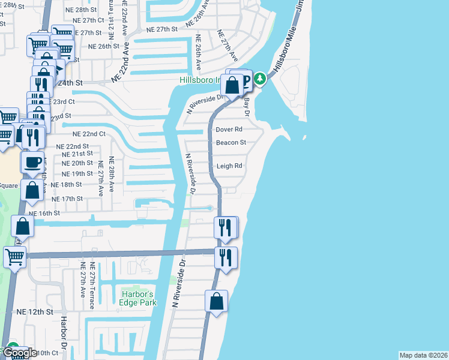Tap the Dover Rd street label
coord(229,129)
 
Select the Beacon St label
coord(231,143)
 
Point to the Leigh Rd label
coord(229,166)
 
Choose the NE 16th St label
coord(44,213)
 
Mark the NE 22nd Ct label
coord(89,134)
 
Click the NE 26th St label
coord(104,46)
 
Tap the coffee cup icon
coord(32,162)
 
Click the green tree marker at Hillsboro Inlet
coord(259,78)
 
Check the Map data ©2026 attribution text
coord(423,355)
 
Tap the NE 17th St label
coord(67,199)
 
